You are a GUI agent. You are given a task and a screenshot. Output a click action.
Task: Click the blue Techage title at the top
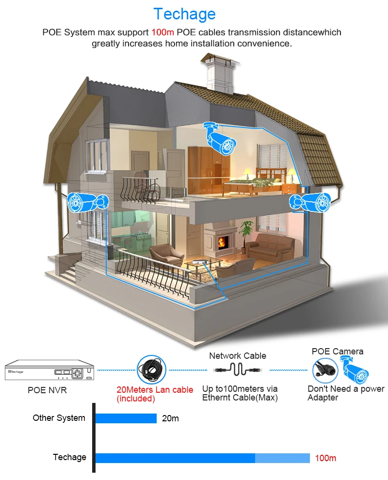(184, 15)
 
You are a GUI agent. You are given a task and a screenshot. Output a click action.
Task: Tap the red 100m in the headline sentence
(162, 32)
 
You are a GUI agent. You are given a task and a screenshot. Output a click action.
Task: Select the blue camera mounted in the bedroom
(220, 139)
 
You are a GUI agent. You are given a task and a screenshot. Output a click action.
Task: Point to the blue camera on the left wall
(88, 202)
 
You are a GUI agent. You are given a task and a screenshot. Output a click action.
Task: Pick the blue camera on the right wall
(310, 202)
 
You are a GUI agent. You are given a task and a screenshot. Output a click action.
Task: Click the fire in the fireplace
(222, 242)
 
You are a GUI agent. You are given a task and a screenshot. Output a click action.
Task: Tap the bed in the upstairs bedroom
(256, 183)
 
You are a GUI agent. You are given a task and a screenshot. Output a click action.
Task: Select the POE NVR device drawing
(49, 370)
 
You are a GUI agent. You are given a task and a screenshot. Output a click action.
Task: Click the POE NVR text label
(47, 390)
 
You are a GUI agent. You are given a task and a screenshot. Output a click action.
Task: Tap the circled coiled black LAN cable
(151, 369)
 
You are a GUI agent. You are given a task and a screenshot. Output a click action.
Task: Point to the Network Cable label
(238, 356)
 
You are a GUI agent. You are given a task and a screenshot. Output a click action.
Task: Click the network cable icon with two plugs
(238, 369)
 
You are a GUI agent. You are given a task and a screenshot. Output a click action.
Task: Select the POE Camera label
(338, 352)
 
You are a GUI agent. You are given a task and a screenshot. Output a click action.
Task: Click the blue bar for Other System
(126, 418)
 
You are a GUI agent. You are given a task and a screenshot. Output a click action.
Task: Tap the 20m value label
(170, 418)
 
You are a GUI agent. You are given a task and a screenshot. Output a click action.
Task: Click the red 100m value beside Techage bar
(325, 458)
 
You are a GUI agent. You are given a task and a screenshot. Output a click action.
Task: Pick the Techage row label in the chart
(69, 457)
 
